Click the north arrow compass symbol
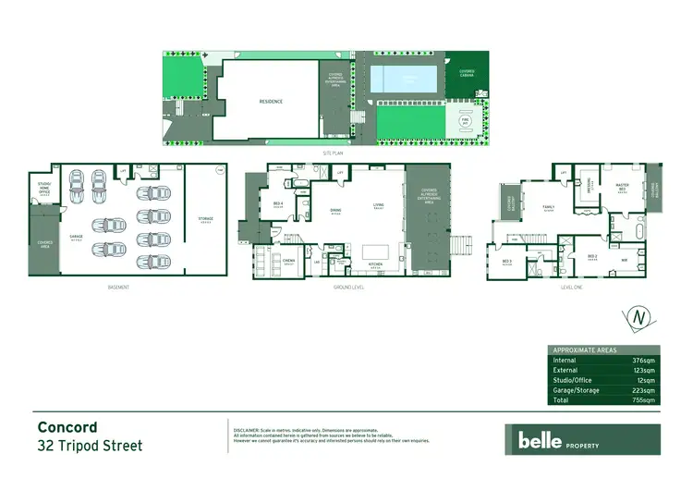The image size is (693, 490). tap(637, 317)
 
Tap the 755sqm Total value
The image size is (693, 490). tap(644, 401)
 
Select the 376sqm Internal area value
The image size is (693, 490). tap(644, 361)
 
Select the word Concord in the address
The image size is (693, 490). tap(67, 427)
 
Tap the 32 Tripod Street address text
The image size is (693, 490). tap(90, 447)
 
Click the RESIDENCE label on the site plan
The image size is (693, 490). tap(271, 102)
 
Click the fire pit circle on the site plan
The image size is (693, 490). tap(464, 120)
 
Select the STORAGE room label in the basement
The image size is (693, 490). tap(205, 219)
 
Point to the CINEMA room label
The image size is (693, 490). tap(288, 260)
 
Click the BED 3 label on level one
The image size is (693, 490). tap(507, 261)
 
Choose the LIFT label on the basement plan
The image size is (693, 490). tap(123, 172)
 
